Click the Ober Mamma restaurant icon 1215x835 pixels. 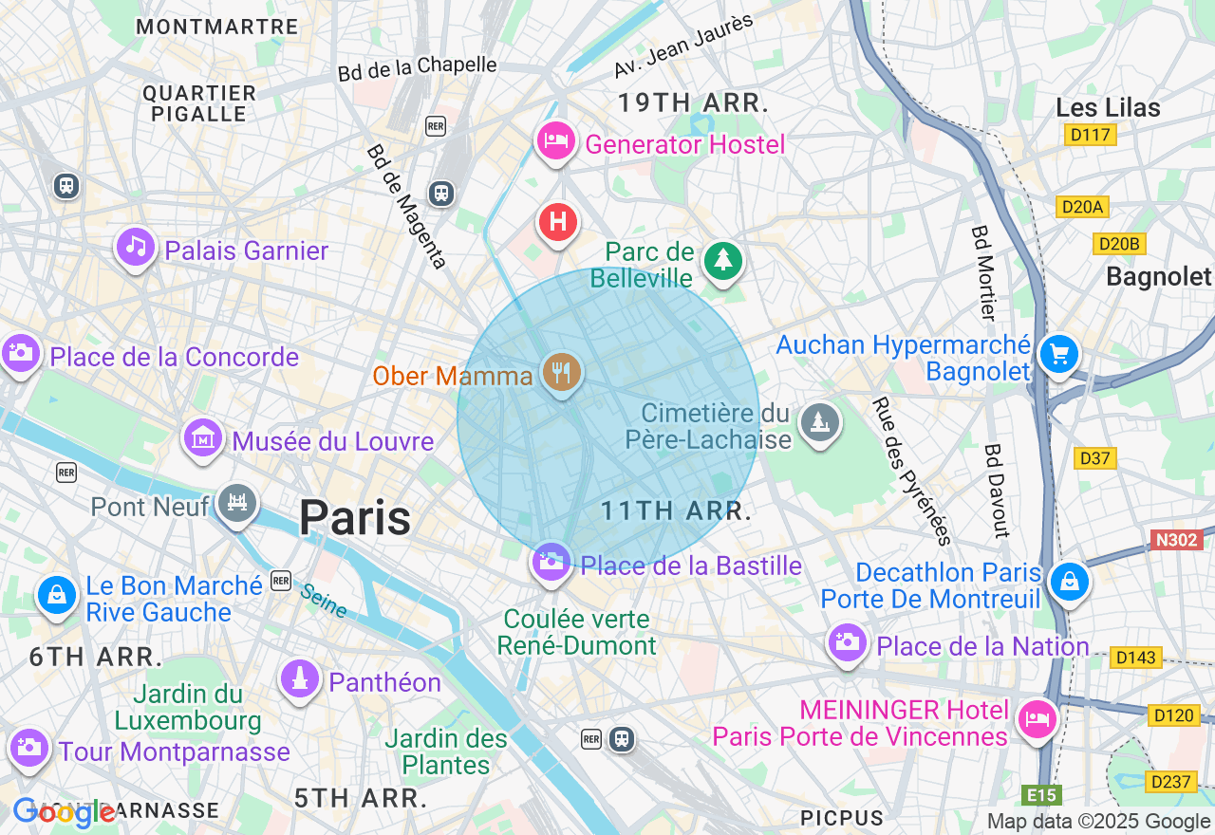tap(561, 372)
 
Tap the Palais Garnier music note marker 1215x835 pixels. tap(137, 248)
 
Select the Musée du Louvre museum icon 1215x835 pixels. tap(203, 438)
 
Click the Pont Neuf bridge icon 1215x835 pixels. tap(236, 502)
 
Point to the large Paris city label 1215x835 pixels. tap(355, 518)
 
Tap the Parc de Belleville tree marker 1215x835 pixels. tap(722, 259)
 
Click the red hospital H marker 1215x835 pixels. tap(558, 223)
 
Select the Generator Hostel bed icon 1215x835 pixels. tap(556, 141)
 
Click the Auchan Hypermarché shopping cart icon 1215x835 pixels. tap(1058, 355)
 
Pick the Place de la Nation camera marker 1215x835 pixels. tap(847, 642)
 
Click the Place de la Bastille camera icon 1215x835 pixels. tap(551, 561)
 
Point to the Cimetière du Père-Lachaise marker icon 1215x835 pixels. tap(818, 421)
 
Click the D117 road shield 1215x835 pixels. tap(1090, 135)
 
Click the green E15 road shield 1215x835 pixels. tap(1041, 795)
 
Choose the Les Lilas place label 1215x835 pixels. tap(1108, 107)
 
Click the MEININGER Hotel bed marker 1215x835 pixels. tap(1036, 718)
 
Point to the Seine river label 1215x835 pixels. tap(324, 601)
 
